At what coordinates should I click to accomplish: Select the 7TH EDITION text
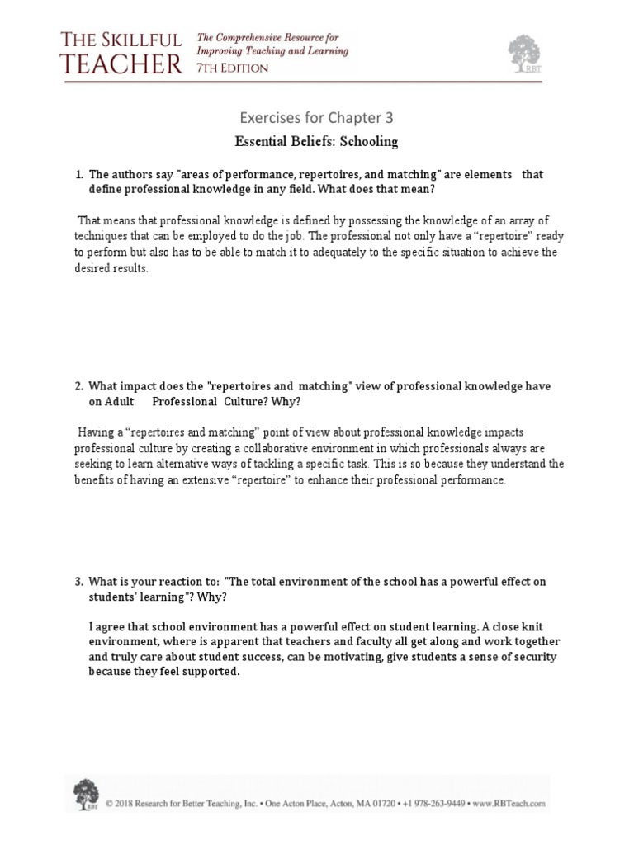(232, 68)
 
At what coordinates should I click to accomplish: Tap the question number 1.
(78, 175)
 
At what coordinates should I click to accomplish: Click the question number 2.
(78, 386)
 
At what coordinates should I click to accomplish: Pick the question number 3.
(78, 582)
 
